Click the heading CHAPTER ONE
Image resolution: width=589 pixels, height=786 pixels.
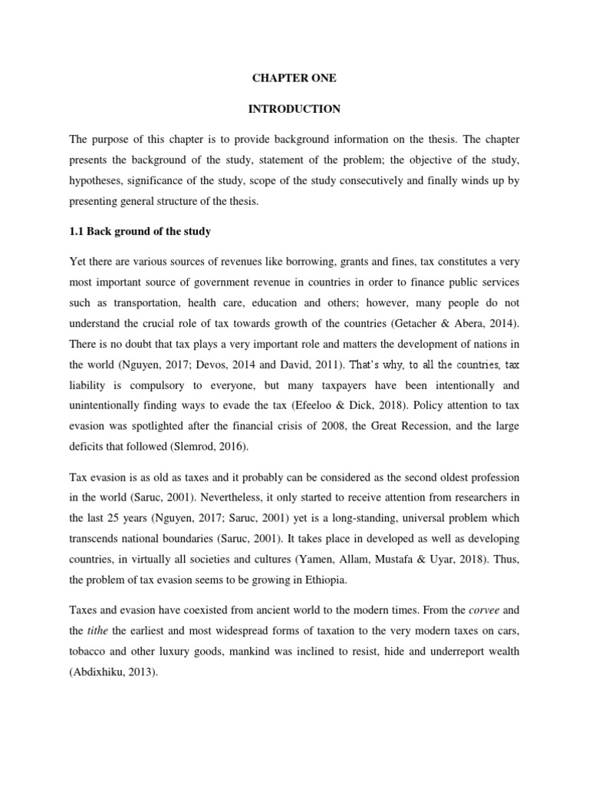(x=294, y=78)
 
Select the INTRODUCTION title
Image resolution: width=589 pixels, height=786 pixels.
(x=294, y=109)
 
